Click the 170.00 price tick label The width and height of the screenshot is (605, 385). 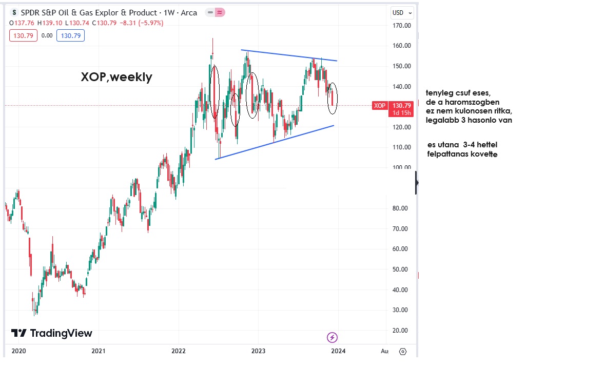point(402,25)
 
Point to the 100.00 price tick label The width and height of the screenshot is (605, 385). point(402,167)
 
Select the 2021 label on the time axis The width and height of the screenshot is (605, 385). point(98,351)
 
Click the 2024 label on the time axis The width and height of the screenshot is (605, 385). point(338,351)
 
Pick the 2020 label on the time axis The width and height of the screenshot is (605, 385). point(18,351)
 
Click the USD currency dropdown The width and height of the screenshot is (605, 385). point(400,13)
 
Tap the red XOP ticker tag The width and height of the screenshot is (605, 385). point(379,106)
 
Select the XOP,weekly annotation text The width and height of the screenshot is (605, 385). point(116,77)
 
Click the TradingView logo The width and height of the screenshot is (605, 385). point(51,333)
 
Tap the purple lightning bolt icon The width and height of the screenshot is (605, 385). point(333,337)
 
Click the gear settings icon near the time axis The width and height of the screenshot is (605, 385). point(403,352)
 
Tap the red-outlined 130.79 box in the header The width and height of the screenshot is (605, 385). point(23,35)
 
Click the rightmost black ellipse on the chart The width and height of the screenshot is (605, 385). point(333,99)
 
